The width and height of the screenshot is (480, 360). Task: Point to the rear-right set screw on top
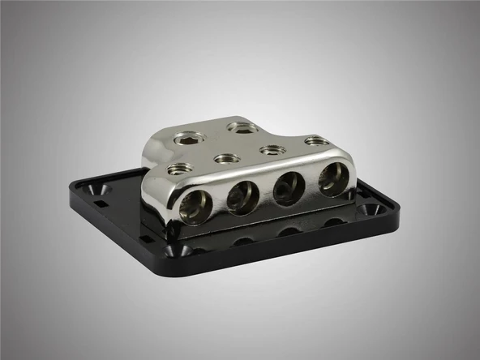point(242,127)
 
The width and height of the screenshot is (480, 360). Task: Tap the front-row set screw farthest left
point(180,169)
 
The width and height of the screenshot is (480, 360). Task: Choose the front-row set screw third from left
point(272,149)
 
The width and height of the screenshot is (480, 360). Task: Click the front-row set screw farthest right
point(317,141)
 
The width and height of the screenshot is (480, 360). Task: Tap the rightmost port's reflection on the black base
point(334,221)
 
